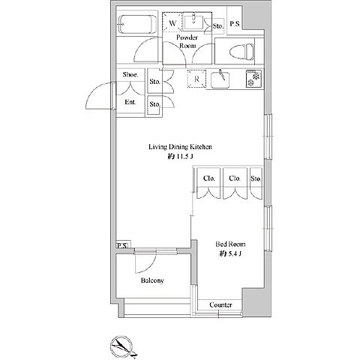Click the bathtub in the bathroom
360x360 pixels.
point(137,24)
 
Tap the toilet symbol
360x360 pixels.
point(241,52)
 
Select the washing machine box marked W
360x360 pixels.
point(172,23)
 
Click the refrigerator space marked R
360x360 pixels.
point(196,79)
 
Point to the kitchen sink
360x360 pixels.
point(220,79)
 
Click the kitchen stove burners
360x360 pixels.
point(253,79)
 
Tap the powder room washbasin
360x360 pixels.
point(193,22)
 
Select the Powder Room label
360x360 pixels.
point(187,41)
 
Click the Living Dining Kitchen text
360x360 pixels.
point(180,147)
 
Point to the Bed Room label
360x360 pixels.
point(230,244)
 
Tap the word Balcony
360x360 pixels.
point(152,280)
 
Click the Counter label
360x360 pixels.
point(220,304)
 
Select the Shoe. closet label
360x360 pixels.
point(130,75)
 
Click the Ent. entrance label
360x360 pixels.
point(130,102)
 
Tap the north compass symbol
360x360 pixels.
point(122,346)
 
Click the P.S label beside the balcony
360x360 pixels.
point(122,246)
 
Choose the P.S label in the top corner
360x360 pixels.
point(235,24)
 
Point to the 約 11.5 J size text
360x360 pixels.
point(181,157)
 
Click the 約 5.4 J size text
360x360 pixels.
point(230,254)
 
